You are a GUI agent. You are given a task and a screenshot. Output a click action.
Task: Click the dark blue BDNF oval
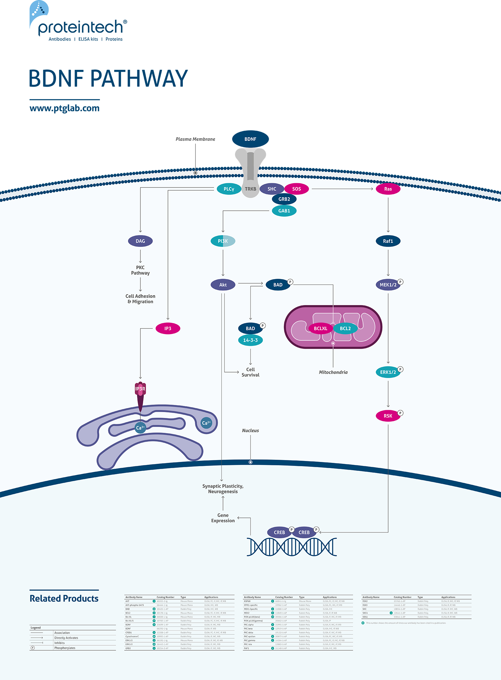coord(250,139)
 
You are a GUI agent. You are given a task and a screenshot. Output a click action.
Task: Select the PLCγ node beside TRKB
coord(229,189)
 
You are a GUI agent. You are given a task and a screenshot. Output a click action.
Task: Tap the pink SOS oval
coord(296,189)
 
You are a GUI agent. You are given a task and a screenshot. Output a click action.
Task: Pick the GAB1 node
coord(284,211)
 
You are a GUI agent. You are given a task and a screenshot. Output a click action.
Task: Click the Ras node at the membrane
coord(388,189)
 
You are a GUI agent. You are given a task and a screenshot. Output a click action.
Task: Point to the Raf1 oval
coord(388,241)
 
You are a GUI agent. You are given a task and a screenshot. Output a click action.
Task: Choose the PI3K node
coord(223,241)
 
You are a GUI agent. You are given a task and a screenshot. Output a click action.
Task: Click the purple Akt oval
coord(223,285)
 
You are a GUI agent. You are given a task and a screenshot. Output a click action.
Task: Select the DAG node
coord(140,241)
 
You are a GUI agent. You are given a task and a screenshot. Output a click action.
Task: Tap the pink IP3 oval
coord(168,329)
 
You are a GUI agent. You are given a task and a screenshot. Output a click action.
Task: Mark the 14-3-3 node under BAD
coord(250,340)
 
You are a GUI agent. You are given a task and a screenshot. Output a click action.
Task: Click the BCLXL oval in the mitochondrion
coord(320,329)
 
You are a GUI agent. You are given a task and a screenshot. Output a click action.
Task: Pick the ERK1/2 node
coord(388,372)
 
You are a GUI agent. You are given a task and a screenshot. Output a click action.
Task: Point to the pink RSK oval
coord(388,416)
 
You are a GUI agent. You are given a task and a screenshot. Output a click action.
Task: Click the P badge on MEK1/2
coord(400,282)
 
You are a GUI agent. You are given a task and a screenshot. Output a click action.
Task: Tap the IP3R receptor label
coord(140,389)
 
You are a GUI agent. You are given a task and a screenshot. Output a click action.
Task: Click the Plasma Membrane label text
coord(195,139)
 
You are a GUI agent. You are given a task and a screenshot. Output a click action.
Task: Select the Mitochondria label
coord(333,372)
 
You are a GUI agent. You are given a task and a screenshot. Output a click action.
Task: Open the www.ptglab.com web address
coord(64,108)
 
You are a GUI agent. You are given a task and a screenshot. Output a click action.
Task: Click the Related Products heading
coord(64,599)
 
